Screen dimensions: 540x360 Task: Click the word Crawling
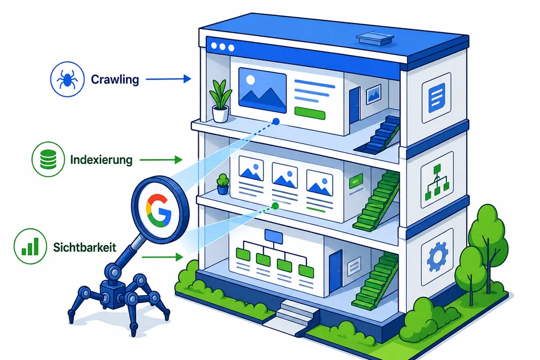[115, 80]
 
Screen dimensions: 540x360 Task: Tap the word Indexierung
[101, 160]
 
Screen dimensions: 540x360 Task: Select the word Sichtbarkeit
[85, 247]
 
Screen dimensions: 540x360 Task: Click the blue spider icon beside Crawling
[67, 79]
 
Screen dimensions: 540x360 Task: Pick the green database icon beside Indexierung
[48, 160]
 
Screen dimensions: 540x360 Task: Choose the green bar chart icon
[31, 246]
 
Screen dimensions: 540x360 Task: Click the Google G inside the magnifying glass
[159, 210]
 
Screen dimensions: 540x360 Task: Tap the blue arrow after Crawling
[168, 79]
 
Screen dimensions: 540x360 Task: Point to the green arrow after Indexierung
[161, 160]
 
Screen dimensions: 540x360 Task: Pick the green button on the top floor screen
[310, 114]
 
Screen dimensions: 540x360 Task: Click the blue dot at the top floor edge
[276, 121]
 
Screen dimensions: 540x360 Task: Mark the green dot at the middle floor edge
[275, 206]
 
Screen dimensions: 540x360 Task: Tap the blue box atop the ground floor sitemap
[274, 236]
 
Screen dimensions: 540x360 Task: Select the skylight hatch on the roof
[374, 38]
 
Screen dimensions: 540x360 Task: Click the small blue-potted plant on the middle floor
[223, 184]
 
